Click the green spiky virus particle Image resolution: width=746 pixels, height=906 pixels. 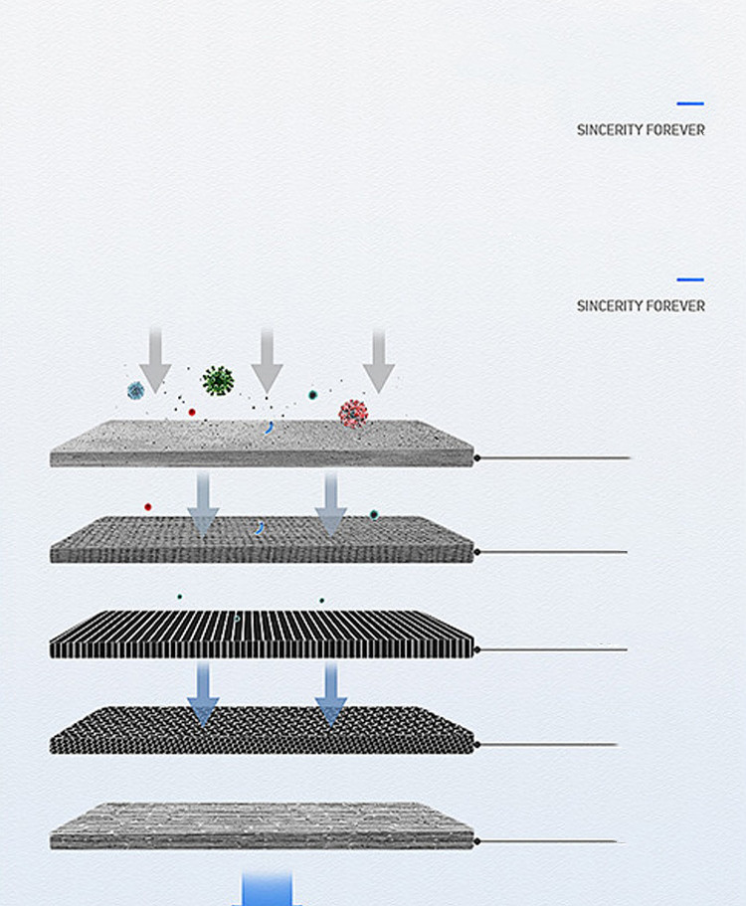[218, 381]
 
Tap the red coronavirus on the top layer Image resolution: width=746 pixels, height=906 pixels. [353, 414]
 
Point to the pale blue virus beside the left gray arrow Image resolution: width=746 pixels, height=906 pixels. [136, 391]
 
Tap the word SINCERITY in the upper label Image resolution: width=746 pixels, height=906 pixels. [608, 130]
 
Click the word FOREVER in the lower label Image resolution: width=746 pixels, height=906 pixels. [675, 305]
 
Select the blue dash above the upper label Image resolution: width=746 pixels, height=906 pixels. [690, 103]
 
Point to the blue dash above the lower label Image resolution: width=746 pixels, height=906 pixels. [690, 279]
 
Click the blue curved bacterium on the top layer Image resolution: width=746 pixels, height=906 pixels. [269, 428]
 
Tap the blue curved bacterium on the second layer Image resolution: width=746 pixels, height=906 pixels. [260, 527]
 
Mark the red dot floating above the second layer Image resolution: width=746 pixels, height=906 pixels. [148, 507]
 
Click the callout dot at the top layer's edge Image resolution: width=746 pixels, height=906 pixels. [477, 458]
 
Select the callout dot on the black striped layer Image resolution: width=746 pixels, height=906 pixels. [477, 650]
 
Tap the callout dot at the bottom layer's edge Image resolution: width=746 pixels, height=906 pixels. [477, 842]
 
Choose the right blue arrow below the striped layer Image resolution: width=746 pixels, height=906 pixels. [331, 694]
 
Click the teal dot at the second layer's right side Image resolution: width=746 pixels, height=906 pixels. [374, 515]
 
